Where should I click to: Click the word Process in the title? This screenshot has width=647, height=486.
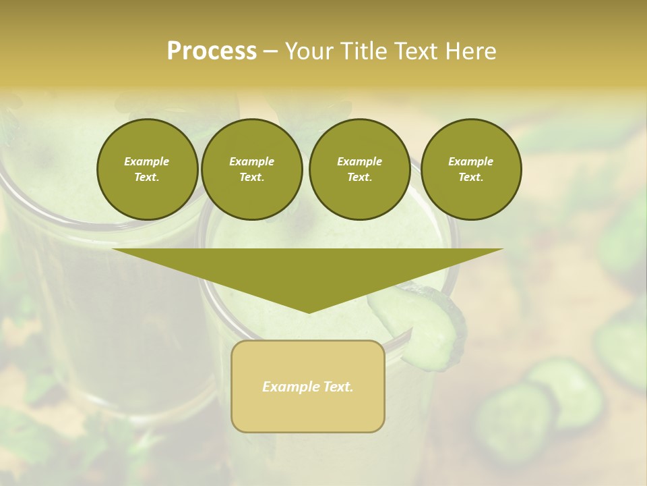(x=212, y=51)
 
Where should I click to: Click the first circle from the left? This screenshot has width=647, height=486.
(x=147, y=169)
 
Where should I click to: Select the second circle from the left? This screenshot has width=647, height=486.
(x=251, y=169)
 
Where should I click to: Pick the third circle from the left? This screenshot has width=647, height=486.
(x=359, y=169)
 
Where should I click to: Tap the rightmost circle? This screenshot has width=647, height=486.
(x=470, y=169)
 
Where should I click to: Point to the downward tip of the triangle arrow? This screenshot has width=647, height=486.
(x=309, y=312)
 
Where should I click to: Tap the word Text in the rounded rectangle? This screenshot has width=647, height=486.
(x=338, y=387)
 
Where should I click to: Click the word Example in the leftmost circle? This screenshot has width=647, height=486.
(x=147, y=161)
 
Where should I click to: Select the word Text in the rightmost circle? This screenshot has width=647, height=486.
(x=470, y=178)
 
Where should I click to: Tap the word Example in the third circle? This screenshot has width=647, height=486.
(x=359, y=161)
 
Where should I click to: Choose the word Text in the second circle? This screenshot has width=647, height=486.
(x=251, y=178)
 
